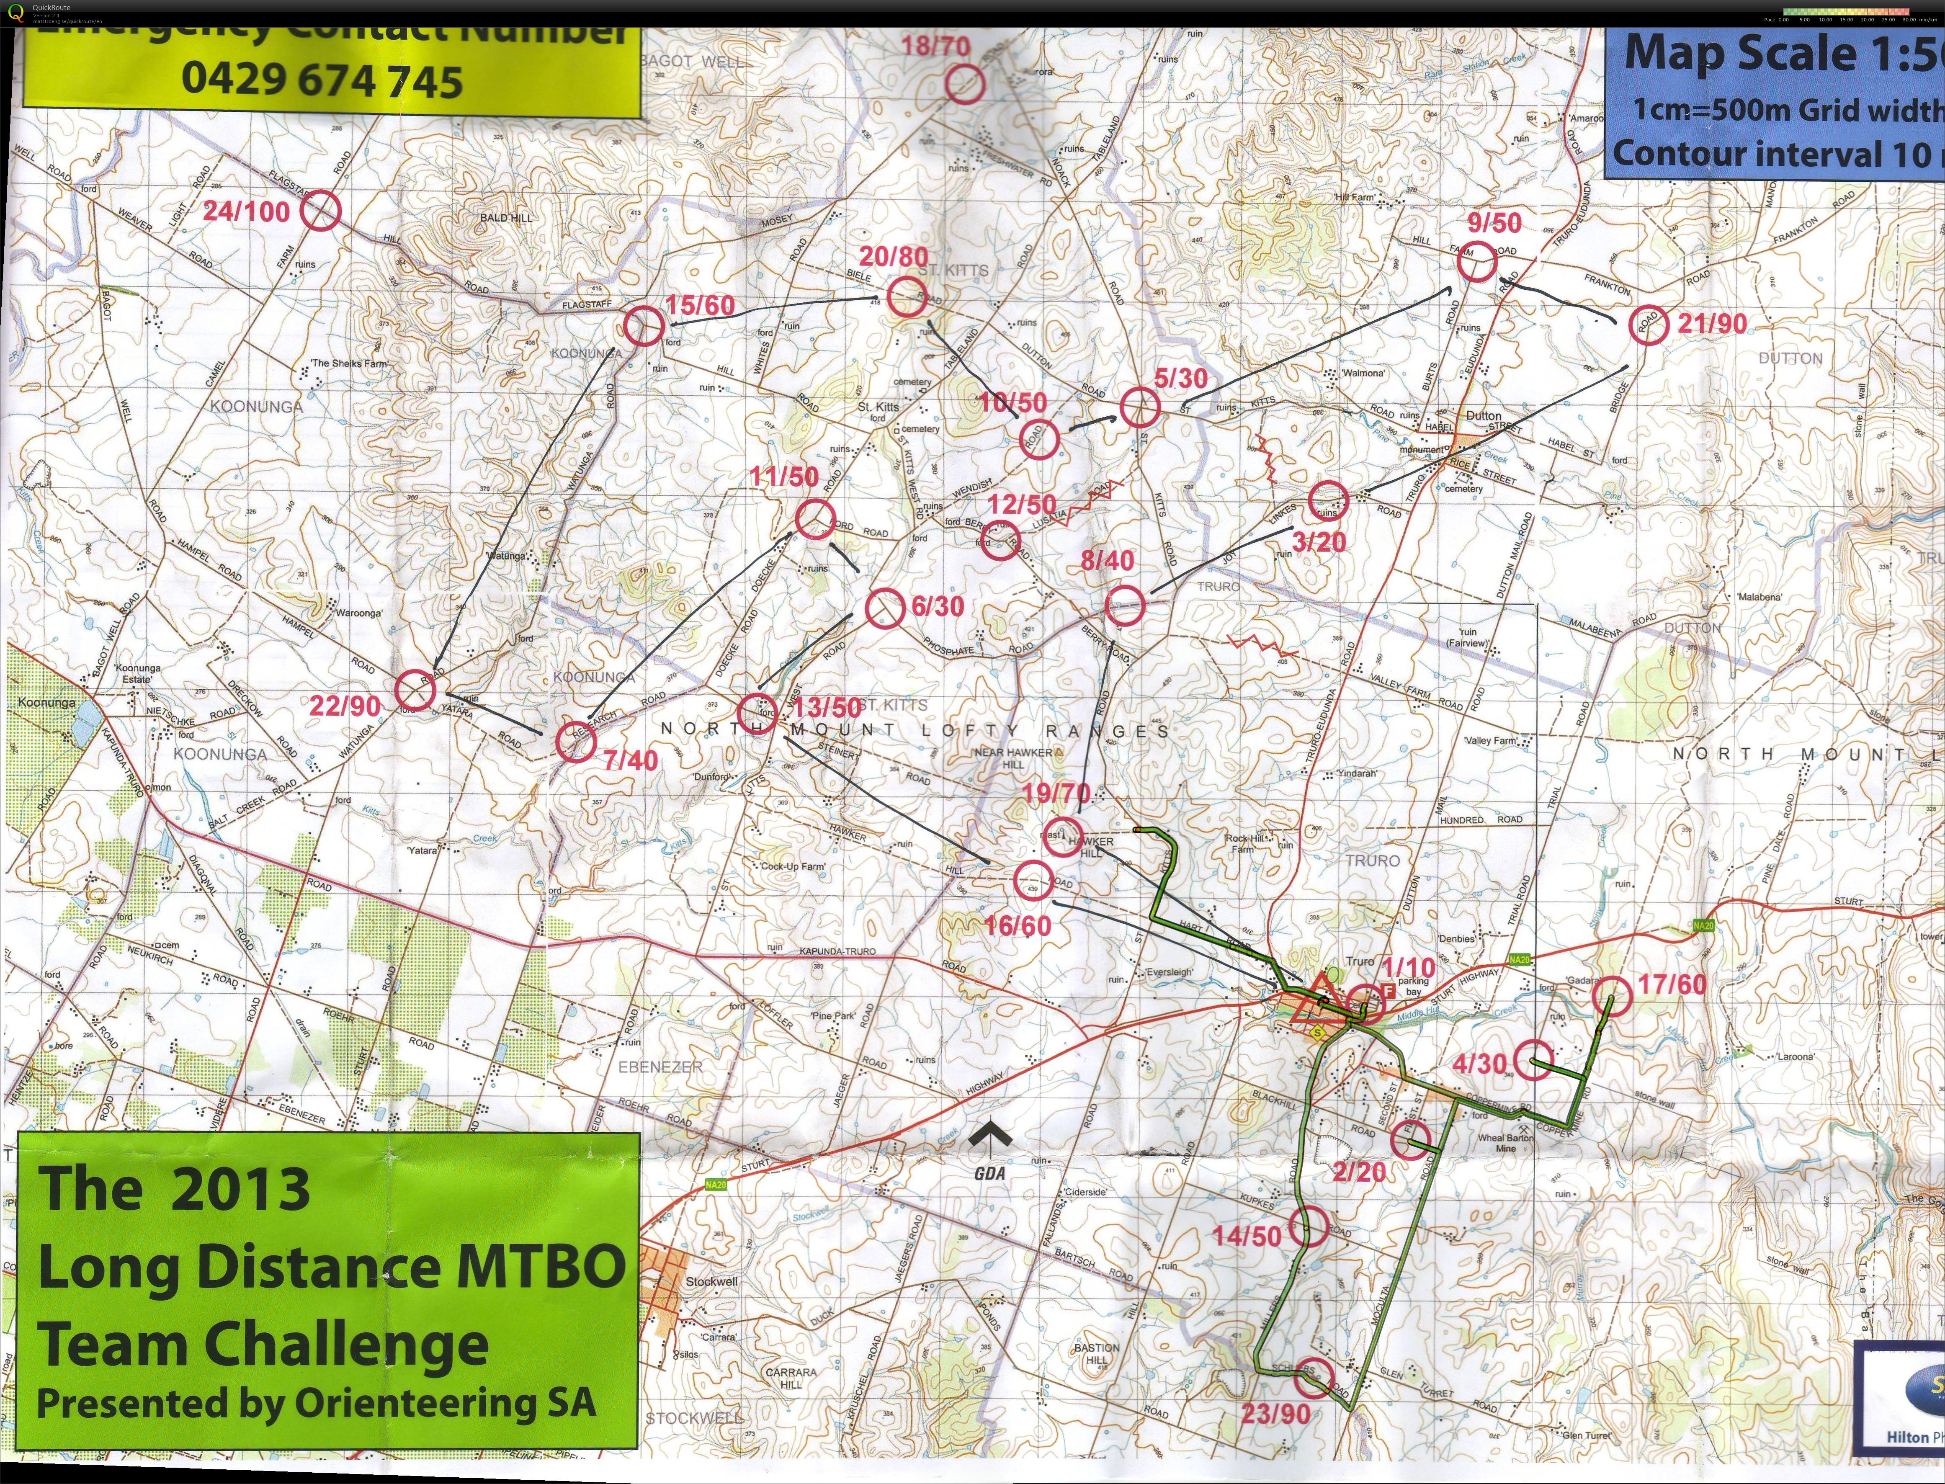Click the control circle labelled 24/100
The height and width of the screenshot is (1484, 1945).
pyautogui.click(x=320, y=212)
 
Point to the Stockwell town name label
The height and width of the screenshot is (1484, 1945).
pyautogui.click(x=711, y=1281)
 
